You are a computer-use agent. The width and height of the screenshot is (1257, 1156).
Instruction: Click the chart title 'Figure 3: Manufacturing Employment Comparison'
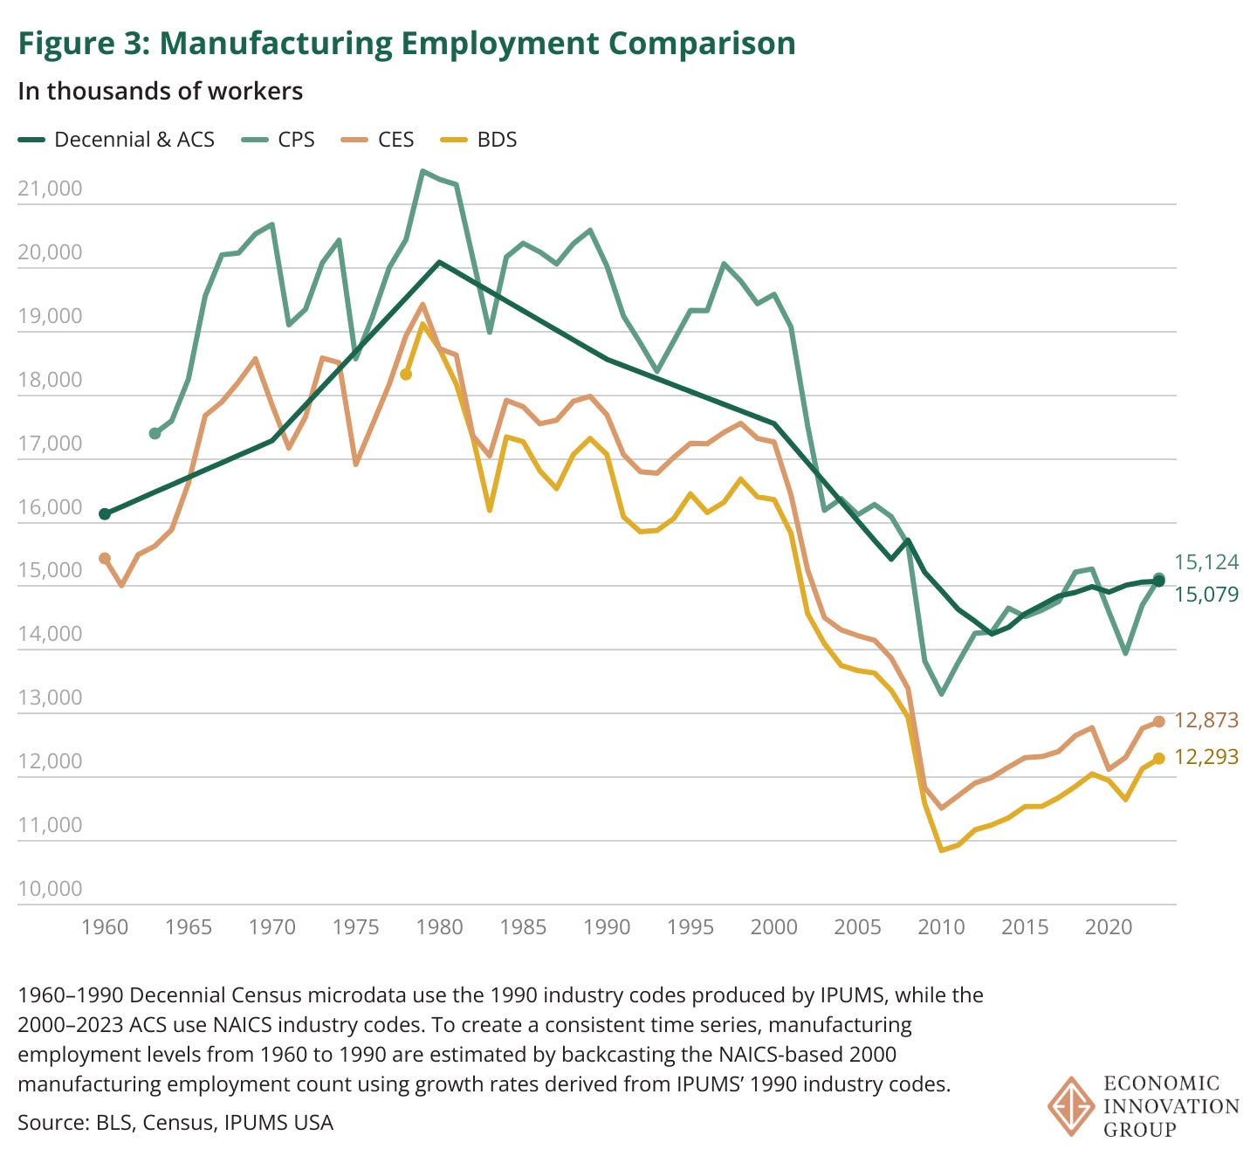click(407, 43)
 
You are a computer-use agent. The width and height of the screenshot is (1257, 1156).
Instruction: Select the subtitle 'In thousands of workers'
click(160, 91)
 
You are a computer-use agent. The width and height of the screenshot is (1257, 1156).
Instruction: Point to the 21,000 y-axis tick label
click(50, 189)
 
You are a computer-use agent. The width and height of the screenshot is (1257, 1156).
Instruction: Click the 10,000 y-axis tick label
click(50, 889)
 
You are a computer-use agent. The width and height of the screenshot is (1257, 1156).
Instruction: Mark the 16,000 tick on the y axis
click(50, 507)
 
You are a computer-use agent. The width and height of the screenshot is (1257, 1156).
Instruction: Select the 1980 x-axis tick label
click(439, 926)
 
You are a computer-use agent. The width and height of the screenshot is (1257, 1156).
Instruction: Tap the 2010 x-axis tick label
click(941, 926)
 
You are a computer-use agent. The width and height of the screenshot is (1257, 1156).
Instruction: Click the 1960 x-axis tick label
click(105, 926)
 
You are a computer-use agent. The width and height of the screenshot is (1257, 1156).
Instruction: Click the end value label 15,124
click(1206, 562)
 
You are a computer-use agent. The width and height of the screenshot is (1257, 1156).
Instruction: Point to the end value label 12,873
click(1206, 720)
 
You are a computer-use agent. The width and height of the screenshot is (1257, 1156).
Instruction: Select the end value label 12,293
click(1206, 757)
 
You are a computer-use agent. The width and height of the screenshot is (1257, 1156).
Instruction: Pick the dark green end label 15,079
click(1206, 595)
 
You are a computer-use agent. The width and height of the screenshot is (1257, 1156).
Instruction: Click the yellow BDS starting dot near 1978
click(406, 374)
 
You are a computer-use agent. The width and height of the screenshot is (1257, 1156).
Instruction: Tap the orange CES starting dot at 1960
click(105, 558)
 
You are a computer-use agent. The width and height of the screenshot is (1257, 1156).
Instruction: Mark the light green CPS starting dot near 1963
click(155, 433)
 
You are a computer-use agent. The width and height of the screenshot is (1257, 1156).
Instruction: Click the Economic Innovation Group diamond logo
click(1071, 1106)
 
